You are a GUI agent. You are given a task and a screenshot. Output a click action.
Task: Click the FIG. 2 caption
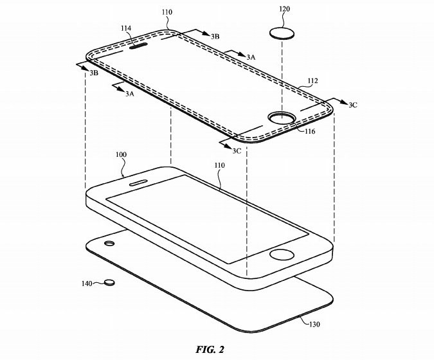(210, 349)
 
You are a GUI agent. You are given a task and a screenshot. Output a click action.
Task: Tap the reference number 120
(284, 9)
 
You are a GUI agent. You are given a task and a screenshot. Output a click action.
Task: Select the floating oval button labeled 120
(282, 33)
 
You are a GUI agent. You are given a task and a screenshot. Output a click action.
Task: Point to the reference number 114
(126, 28)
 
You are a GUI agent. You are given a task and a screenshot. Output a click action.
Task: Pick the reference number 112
(312, 81)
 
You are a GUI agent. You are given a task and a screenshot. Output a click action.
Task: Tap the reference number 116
(310, 131)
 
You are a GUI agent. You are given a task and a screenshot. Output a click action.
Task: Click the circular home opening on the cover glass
(282, 118)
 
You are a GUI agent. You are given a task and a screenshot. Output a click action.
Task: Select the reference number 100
(121, 154)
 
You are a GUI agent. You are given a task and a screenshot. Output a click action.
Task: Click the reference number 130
(314, 324)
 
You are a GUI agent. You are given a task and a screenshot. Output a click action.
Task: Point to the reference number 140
(87, 283)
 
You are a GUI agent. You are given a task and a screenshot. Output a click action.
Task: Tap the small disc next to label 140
(109, 282)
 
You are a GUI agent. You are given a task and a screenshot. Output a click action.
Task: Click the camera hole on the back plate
(109, 244)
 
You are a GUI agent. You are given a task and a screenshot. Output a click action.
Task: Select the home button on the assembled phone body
(282, 255)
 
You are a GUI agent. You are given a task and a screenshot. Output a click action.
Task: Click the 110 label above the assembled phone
(219, 165)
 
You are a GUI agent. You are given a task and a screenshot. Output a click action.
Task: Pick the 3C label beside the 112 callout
(352, 105)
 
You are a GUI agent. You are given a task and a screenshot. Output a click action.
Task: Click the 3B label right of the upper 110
(215, 36)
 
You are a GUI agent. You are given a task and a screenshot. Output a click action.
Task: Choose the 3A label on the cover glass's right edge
(251, 57)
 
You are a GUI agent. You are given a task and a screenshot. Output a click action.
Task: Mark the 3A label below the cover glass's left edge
(129, 94)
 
